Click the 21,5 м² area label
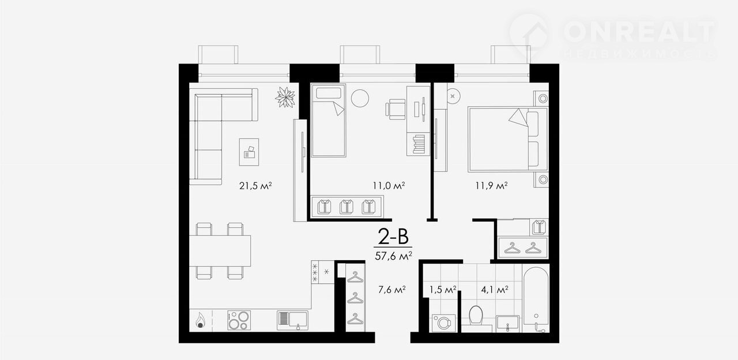click(255, 186)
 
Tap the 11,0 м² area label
click(389, 186)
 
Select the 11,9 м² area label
click(491, 186)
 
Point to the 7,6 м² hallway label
click(391, 290)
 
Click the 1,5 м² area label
click(442, 290)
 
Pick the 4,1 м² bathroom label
click(495, 290)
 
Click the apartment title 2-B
click(393, 237)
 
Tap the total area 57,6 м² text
click(393, 256)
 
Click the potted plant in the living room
click(285, 97)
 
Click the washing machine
click(444, 323)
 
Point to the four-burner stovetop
click(239, 320)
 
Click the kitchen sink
click(292, 320)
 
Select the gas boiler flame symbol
click(200, 320)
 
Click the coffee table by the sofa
click(248, 152)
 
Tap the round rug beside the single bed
click(360, 98)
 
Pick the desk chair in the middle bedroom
click(396, 109)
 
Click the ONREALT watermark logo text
click(639, 31)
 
